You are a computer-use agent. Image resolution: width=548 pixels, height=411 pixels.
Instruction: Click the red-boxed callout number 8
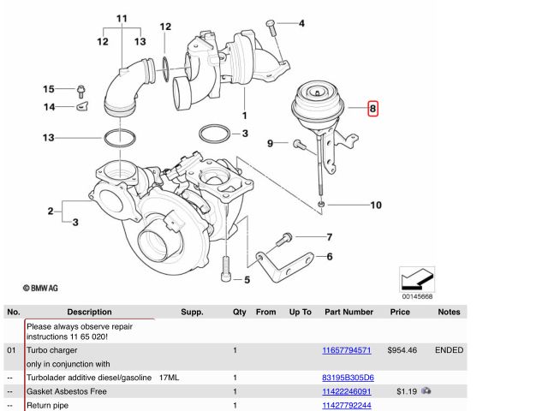372,109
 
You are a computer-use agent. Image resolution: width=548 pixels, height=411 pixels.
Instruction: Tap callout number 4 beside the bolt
301,23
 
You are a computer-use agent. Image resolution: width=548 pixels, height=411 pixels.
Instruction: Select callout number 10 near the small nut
375,205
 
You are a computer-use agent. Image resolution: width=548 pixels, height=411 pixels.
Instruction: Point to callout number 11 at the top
122,18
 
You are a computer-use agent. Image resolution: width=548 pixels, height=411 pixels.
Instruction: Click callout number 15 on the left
49,89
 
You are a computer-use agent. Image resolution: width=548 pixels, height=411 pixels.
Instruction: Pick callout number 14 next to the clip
49,107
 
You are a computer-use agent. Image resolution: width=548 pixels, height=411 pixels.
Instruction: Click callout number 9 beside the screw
271,143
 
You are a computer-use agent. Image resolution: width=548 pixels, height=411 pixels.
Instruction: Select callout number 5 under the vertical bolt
247,279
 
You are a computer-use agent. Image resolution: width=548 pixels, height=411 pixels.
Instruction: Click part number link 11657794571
346,350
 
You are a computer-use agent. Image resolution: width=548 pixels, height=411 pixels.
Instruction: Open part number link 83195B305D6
346,378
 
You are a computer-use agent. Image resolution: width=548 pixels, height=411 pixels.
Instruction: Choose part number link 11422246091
346,391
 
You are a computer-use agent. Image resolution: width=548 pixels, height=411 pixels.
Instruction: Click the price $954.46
401,350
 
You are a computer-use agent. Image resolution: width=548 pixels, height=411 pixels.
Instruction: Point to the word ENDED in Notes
449,350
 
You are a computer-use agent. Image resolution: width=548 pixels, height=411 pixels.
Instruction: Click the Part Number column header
347,313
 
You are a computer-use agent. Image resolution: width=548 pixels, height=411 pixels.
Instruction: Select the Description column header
89,313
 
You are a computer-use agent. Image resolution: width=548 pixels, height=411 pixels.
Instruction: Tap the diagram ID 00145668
418,297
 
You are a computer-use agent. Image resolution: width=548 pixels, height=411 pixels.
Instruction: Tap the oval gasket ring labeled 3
213,134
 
